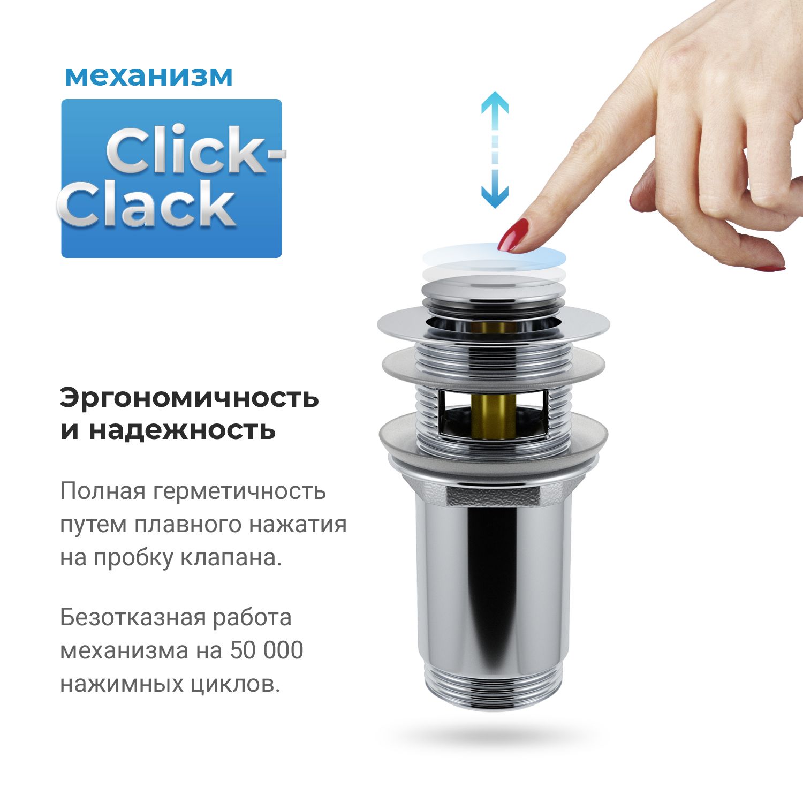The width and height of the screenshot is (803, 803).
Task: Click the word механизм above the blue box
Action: (149, 77)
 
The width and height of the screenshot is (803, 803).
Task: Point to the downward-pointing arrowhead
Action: (494, 198)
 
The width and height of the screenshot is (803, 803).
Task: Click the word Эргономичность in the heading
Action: (189, 398)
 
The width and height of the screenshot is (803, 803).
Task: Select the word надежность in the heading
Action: (182, 430)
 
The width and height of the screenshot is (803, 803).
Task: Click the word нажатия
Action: (298, 524)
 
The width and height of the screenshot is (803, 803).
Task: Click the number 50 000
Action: (267, 650)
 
